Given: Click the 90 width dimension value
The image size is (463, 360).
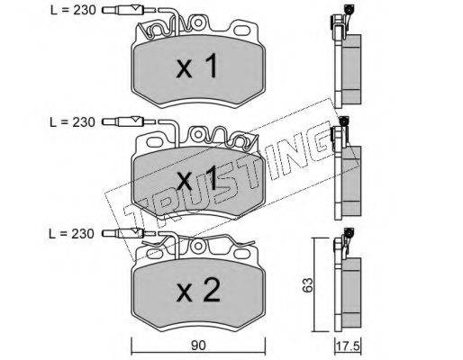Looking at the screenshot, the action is [198, 346].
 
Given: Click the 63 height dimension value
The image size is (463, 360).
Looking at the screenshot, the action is [307, 284].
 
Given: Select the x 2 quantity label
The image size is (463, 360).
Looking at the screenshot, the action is [198, 290].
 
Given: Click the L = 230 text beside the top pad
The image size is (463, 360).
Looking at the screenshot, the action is [73, 11].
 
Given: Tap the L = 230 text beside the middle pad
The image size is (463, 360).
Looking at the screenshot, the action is [72, 122].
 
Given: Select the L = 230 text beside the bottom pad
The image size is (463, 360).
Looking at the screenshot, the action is [72, 234].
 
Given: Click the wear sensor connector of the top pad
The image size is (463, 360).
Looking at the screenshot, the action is [123, 11].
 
